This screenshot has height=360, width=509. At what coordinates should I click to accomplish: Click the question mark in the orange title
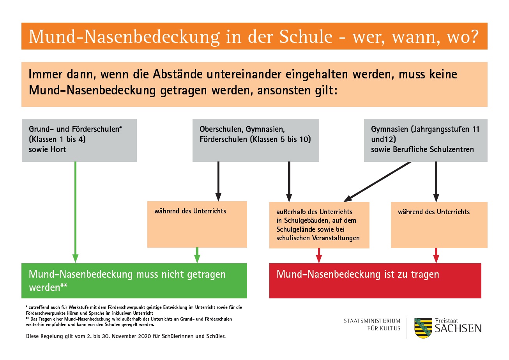point(474,37)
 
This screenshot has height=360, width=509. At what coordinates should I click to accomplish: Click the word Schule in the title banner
point(306,36)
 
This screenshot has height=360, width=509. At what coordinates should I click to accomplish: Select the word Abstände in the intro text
point(177,74)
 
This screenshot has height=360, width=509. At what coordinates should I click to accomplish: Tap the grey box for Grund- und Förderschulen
point(79,140)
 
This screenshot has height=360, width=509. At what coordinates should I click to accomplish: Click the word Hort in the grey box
point(58,149)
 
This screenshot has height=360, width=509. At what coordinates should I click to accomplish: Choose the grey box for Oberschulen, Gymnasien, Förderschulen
point(256,140)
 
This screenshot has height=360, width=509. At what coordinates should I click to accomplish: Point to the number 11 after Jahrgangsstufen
point(475,129)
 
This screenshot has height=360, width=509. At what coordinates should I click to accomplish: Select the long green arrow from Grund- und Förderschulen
point(76,212)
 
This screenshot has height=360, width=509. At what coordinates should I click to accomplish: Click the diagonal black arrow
point(377,182)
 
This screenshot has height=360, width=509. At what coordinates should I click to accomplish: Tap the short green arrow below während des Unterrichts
point(197,255)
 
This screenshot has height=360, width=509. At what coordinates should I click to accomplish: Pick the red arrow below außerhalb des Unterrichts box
point(319,255)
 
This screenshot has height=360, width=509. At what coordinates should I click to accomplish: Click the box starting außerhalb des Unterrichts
point(319,225)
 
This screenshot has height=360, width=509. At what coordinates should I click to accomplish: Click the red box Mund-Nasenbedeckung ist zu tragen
point(375,281)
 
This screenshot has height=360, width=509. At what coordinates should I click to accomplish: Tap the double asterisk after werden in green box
point(64,285)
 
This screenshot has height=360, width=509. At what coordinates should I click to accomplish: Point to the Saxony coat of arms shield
point(423,328)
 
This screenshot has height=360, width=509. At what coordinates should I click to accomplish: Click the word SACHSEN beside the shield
point(458,329)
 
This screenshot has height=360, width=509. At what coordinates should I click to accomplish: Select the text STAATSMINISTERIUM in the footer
point(372,321)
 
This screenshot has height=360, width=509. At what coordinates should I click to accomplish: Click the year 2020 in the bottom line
point(145,336)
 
